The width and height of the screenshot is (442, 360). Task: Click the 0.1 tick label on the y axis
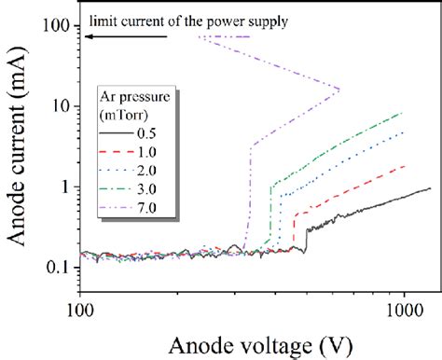pyautogui.click(x=60, y=267)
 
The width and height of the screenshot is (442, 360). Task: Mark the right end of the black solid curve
pyautogui.click(x=430, y=188)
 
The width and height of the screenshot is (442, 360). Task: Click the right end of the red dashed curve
pyautogui.click(x=405, y=166)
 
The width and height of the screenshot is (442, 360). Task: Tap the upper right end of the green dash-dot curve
pyautogui.click(x=403, y=113)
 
